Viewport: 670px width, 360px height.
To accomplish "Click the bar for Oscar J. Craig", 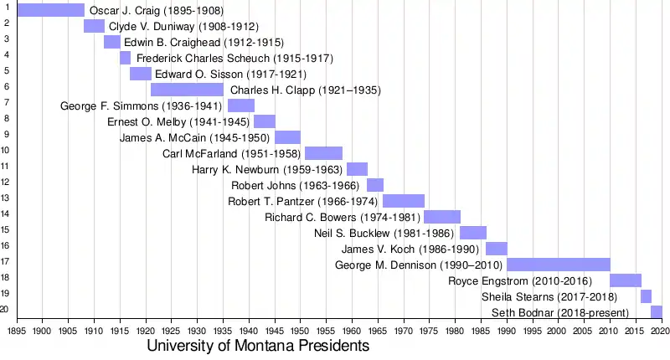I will (x=50, y=10).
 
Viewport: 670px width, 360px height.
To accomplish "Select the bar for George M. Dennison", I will (x=559, y=265).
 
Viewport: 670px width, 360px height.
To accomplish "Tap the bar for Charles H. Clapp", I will (x=187, y=90).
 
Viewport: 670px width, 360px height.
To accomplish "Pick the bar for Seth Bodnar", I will (x=657, y=312).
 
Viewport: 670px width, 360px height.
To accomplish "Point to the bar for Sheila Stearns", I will (x=646, y=296).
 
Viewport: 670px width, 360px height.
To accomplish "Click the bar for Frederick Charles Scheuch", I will (x=125, y=58).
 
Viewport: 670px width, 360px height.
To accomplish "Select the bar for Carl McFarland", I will (x=323, y=153).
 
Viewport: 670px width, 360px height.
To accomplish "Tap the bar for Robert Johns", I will (x=375, y=185).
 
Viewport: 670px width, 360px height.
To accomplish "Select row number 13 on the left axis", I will (x=5, y=198).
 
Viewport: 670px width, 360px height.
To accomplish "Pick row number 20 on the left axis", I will (x=5, y=309).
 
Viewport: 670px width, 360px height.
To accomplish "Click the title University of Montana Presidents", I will (x=258, y=346).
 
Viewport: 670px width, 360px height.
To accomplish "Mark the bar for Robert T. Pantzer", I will (x=404, y=201).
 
